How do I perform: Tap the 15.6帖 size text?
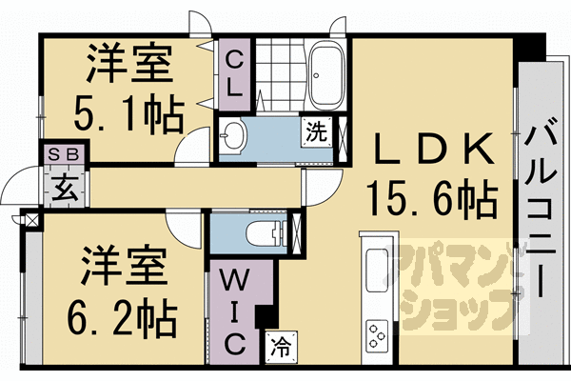433,200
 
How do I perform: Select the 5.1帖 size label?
129,116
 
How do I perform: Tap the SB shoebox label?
63,152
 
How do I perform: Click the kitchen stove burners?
377,338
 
